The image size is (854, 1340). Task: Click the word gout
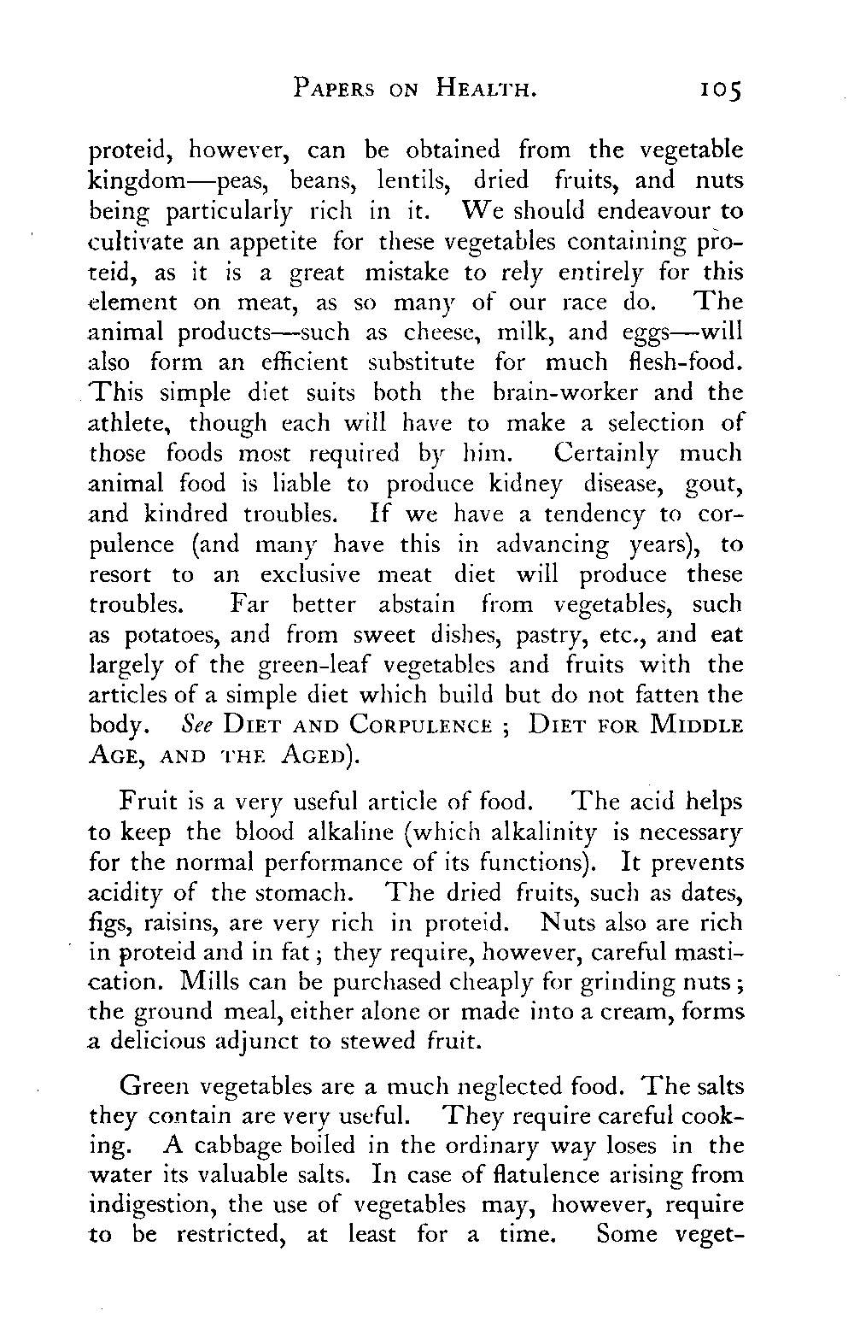(x=713, y=485)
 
